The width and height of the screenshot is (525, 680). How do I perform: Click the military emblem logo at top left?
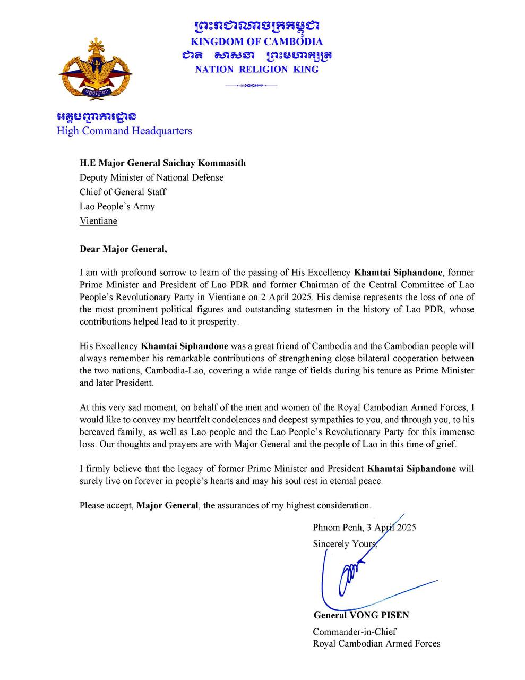[95, 70]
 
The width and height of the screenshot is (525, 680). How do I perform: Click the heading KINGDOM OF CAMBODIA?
[257, 42]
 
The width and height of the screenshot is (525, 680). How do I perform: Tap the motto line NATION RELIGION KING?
[257, 69]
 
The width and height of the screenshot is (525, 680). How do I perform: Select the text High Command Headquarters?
[124, 131]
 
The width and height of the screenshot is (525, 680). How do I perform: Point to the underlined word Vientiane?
[98, 221]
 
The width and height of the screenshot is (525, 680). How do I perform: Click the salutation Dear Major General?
[123, 248]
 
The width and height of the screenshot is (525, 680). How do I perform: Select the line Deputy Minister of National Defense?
[151, 177]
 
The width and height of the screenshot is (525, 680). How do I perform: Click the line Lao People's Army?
[117, 206]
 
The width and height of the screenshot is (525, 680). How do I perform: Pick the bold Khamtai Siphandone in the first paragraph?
[398, 273]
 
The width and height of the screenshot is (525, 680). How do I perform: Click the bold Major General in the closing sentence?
[167, 505]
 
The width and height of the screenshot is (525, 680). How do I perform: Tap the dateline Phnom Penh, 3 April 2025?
[364, 528]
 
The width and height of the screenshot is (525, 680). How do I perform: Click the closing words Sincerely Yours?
[345, 544]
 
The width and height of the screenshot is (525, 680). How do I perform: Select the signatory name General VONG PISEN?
[361, 615]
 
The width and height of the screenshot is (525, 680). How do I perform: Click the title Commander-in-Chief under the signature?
[354, 632]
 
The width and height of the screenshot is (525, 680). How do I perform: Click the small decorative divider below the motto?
[251, 85]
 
